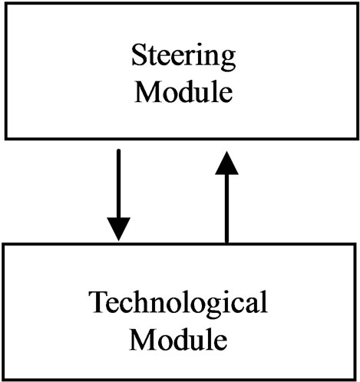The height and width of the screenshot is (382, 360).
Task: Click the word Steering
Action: point(183,57)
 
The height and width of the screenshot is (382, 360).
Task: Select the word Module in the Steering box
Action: point(183,91)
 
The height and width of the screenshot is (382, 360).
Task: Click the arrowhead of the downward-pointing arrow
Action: point(118,229)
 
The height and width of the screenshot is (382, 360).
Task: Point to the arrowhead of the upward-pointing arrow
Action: point(226,163)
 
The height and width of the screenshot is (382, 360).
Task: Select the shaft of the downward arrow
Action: point(118,183)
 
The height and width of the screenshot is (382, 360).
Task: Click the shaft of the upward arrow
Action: point(226,209)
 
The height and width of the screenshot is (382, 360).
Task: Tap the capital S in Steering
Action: point(139,54)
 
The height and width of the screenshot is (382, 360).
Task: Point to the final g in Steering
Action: point(228,61)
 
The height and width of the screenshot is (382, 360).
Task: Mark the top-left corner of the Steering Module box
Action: point(6,4)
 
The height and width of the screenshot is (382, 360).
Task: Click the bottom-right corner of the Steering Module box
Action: point(358,139)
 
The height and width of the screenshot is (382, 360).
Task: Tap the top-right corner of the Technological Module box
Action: point(355,245)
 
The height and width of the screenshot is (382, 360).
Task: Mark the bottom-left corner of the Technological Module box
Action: point(3,380)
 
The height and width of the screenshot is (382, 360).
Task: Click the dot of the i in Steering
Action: point(199,46)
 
